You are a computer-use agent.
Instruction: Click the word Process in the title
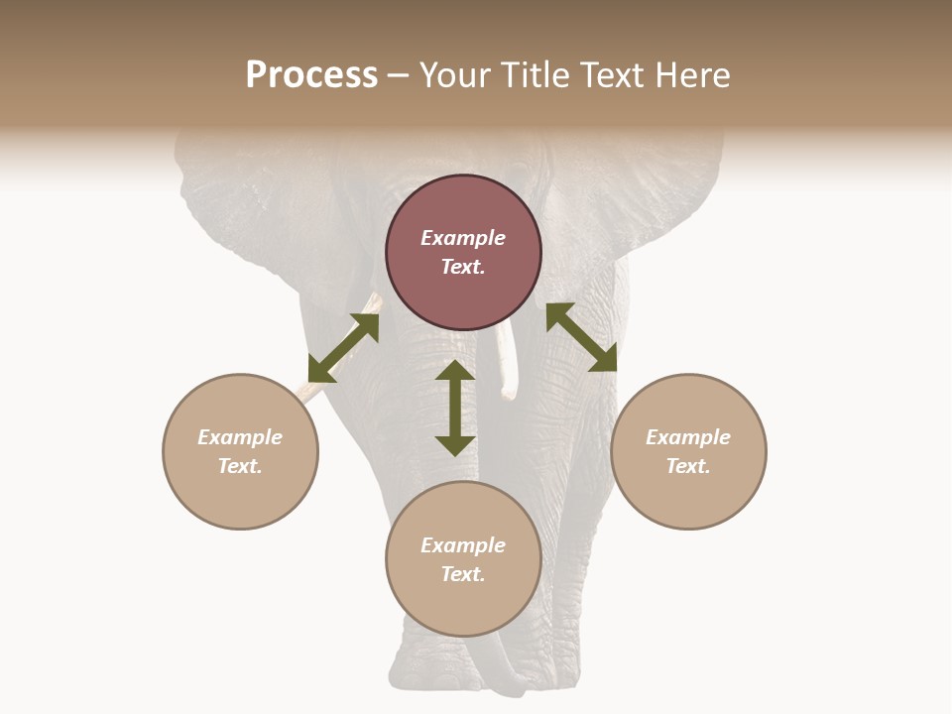pos(311,76)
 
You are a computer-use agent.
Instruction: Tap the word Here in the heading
pos(690,76)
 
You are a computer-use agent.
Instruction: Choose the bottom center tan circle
pos(463,605)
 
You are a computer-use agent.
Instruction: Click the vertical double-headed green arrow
pos(455,408)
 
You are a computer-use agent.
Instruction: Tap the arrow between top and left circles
pos(343,348)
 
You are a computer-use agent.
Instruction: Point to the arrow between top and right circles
pos(581,337)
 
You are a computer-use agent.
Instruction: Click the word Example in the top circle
pos(463,238)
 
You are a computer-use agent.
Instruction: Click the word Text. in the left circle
pos(240,466)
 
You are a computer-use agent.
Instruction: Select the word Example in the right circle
pos(688,437)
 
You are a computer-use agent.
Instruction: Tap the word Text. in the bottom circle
pos(463,574)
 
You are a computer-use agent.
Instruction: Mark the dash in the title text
pos(399,76)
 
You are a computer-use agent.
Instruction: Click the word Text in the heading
pos(609,76)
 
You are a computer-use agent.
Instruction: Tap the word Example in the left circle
pos(240,437)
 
